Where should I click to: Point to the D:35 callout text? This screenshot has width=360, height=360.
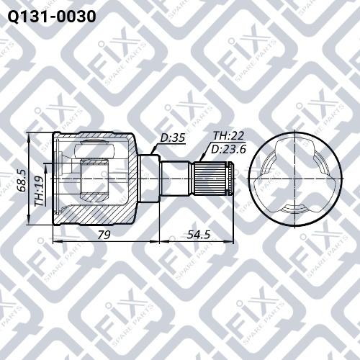tap(172, 138)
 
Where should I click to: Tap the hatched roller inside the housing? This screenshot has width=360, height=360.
tap(94, 178)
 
